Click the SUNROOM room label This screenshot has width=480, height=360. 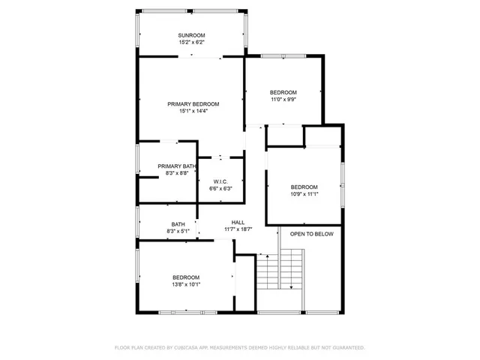[x=191, y=35]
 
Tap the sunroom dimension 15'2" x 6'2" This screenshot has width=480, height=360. [x=191, y=43]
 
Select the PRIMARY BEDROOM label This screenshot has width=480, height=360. [x=193, y=103]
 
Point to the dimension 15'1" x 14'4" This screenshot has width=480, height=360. [x=193, y=111]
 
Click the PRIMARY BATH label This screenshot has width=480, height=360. [x=177, y=166]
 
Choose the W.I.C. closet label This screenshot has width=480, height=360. [x=220, y=181]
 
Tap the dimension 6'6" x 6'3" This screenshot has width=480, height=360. [x=220, y=188]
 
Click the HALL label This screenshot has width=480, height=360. [x=238, y=222]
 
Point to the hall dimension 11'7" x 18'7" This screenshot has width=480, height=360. [x=238, y=229]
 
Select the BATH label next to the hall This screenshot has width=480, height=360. [x=178, y=224]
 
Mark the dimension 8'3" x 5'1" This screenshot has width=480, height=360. [x=178, y=232]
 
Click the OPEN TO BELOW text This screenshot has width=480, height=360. [x=311, y=234]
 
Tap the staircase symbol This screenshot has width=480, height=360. [x=281, y=278]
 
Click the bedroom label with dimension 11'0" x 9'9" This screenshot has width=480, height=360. [x=283, y=92]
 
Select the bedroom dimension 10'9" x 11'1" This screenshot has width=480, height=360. [x=304, y=194]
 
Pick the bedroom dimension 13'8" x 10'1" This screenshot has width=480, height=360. [x=186, y=284]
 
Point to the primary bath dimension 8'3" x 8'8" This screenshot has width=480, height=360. [x=177, y=173]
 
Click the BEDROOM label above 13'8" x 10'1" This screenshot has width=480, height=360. [x=186, y=277]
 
